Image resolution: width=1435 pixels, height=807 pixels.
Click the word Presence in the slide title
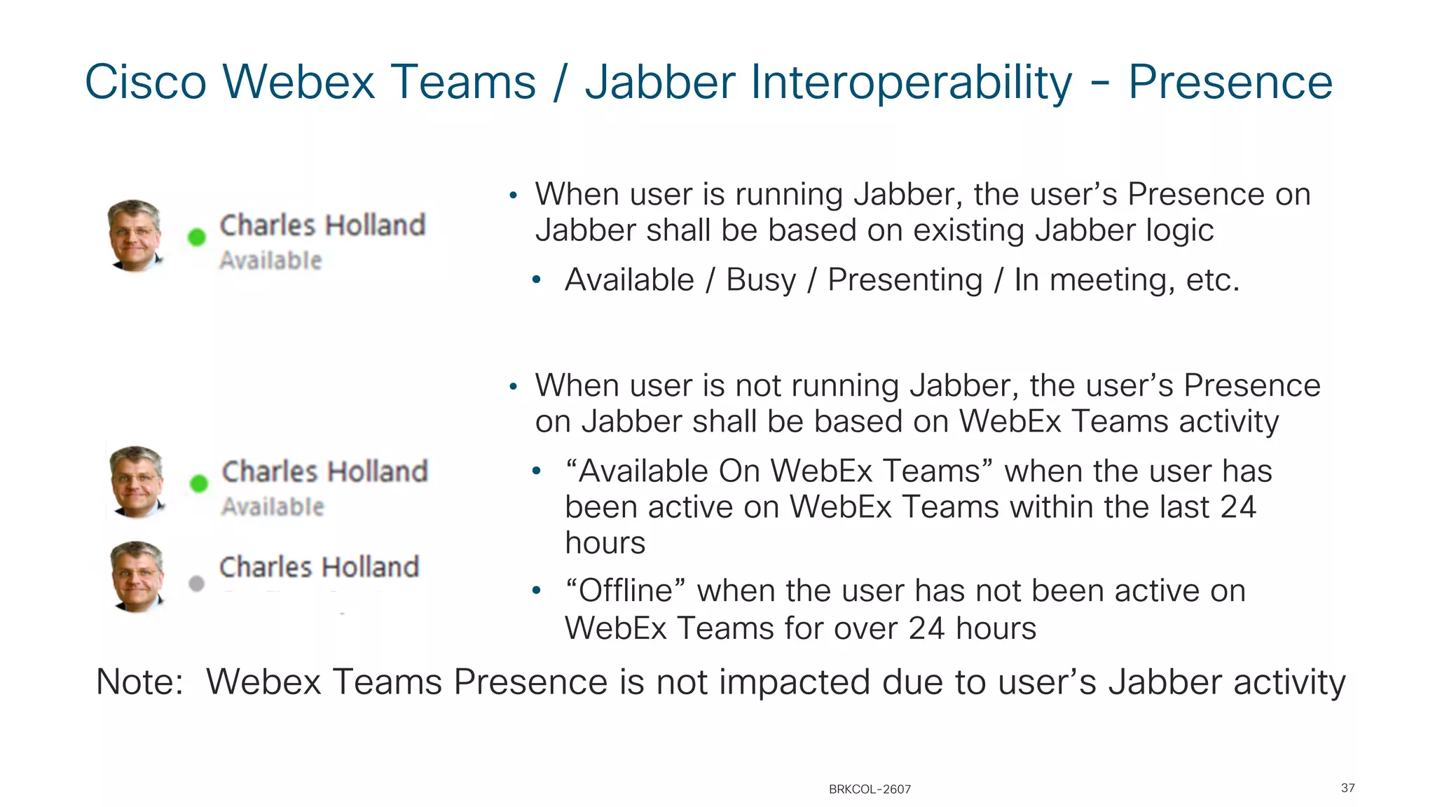click(x=1230, y=83)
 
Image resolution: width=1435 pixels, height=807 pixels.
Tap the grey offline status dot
click(x=197, y=583)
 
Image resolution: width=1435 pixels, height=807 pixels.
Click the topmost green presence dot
click(x=197, y=237)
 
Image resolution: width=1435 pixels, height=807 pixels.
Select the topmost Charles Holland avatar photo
click(x=135, y=235)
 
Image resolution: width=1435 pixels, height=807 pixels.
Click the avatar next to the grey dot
click(x=137, y=576)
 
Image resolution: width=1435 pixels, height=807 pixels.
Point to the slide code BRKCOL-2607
click(x=870, y=789)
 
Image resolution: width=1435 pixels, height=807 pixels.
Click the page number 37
click(x=1347, y=788)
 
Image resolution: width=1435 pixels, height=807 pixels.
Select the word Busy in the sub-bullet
click(x=761, y=280)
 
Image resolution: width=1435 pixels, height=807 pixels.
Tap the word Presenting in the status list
click(x=905, y=280)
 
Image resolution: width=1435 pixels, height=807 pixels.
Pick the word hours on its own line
click(x=605, y=543)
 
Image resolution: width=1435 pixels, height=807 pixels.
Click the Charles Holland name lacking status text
click(x=319, y=567)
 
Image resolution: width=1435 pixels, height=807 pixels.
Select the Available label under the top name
click(x=270, y=261)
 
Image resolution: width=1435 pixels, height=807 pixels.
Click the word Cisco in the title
click(x=145, y=83)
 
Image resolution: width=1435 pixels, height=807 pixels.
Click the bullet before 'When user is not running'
click(x=513, y=387)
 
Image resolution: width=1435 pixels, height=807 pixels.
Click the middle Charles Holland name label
click(x=324, y=471)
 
